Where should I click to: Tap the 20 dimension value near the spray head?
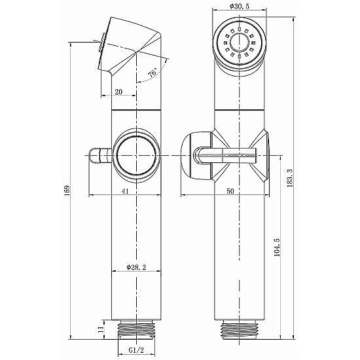coord(118,92)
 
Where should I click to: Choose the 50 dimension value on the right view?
coord(229,190)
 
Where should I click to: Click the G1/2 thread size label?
coord(137,350)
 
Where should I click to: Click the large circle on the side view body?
coord(135,155)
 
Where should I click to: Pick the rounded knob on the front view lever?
coord(194,155)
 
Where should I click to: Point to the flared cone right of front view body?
coord(262,155)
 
